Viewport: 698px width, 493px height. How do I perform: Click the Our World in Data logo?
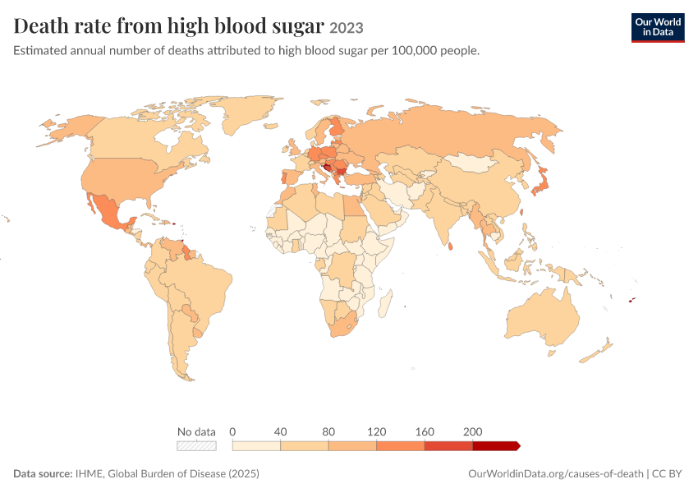click(x=658, y=28)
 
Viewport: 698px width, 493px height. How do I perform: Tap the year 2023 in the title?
click(x=347, y=28)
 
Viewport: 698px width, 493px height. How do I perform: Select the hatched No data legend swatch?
click(x=196, y=446)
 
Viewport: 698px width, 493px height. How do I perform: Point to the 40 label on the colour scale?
click(x=281, y=431)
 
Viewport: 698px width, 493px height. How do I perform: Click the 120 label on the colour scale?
click(x=377, y=431)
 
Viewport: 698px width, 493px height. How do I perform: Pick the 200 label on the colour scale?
click(x=473, y=431)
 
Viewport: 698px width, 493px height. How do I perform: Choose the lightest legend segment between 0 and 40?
click(x=256, y=446)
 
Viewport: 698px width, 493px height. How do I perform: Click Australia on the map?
click(x=543, y=317)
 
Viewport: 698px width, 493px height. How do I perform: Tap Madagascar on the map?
click(x=385, y=303)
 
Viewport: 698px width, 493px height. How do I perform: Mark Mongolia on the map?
click(x=471, y=164)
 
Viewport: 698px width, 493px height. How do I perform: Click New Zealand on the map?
click(x=596, y=352)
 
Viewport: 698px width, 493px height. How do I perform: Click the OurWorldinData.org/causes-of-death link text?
click(x=556, y=473)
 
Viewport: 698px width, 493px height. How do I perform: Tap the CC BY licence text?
click(x=667, y=473)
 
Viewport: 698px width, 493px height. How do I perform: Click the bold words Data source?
click(x=43, y=473)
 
